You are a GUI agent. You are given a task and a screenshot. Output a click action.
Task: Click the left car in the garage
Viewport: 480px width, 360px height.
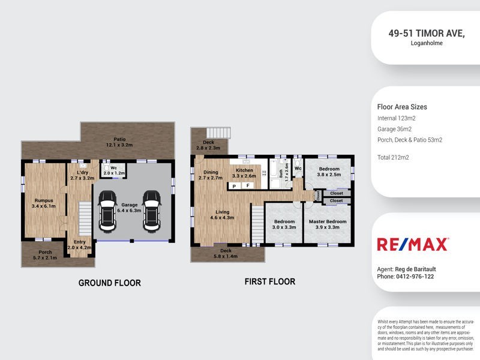tap(108, 211)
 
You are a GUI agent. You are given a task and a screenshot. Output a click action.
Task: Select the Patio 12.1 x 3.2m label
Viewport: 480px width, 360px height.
tap(119, 142)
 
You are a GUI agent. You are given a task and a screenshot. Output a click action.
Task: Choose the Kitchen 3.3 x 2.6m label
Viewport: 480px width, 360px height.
tap(244, 173)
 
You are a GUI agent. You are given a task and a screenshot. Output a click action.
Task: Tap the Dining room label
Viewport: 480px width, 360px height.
tap(210, 175)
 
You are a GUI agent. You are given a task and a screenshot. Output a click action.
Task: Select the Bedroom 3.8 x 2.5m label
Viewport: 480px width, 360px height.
tap(329, 172)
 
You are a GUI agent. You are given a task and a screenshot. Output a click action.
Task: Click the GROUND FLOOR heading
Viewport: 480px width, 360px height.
tap(110, 283)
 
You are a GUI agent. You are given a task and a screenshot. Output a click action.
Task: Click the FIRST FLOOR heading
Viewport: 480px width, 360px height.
tap(269, 281)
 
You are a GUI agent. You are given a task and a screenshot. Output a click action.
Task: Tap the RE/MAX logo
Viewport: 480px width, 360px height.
tap(412, 244)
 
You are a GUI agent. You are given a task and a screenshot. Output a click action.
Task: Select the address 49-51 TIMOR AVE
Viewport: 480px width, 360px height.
tap(427, 34)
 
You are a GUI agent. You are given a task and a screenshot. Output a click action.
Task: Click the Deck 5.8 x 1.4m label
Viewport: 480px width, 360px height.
tap(226, 253)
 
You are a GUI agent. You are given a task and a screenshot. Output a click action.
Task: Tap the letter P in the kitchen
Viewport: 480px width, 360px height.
tap(235, 187)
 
